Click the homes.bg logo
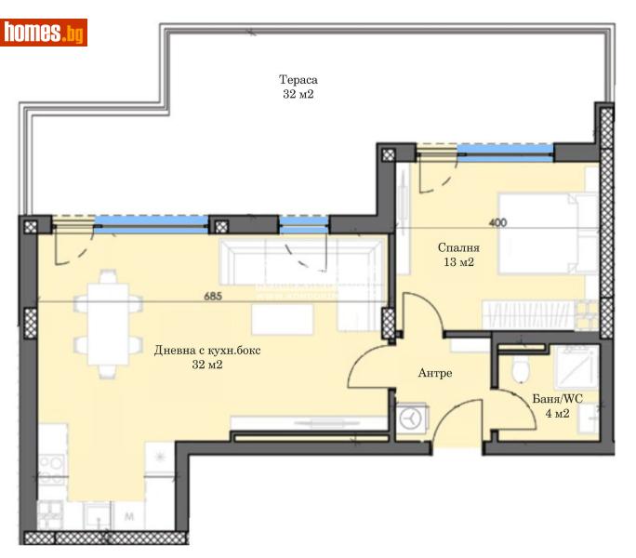pyautogui.click(x=45, y=33)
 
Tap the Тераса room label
pyautogui.click(x=298, y=79)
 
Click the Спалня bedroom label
pyautogui.click(x=458, y=248)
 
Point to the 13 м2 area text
pyautogui.click(x=458, y=262)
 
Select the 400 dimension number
pyautogui.click(x=498, y=223)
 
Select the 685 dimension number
pyautogui.click(x=217, y=298)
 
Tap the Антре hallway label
pyautogui.click(x=435, y=373)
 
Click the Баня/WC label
pyautogui.click(x=557, y=399)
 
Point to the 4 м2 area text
pyautogui.click(x=557, y=413)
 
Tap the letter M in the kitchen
pyautogui.click(x=127, y=513)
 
